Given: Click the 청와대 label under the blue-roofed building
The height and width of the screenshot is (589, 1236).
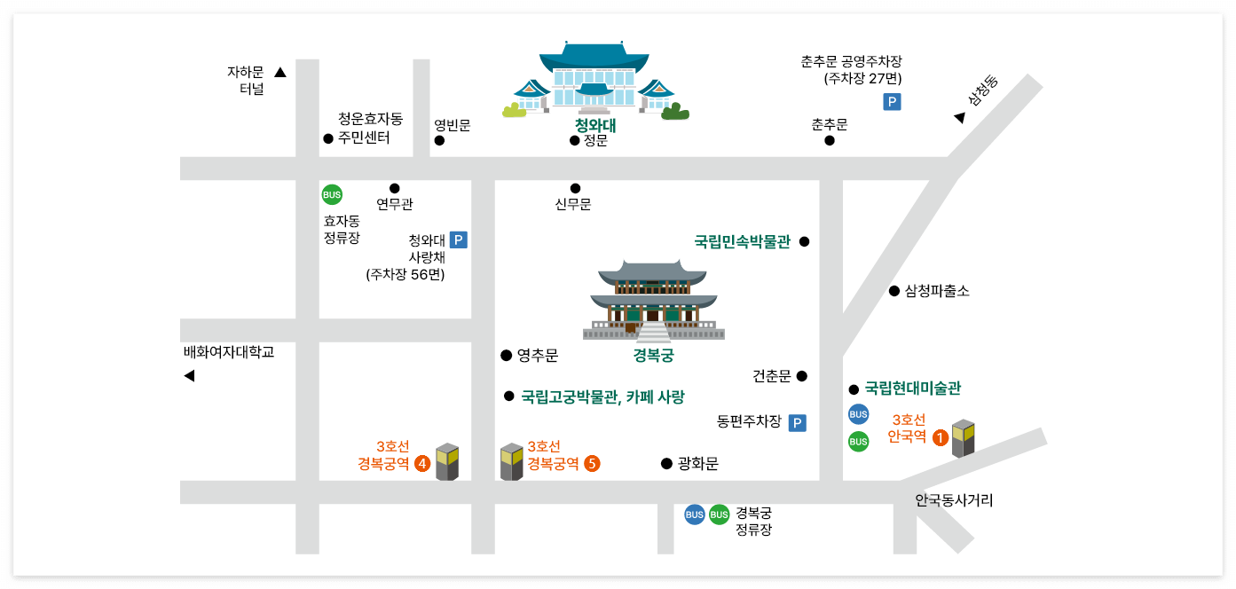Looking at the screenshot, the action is [x=595, y=125].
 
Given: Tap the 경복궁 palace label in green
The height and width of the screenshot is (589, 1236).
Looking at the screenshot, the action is [x=653, y=356].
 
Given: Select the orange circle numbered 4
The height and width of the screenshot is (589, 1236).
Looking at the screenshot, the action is [x=422, y=463].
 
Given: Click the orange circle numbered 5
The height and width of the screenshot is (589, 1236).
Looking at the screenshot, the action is [x=592, y=463].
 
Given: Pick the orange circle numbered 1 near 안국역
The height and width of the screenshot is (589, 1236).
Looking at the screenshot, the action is [x=940, y=436].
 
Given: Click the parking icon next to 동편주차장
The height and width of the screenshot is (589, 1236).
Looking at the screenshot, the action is [x=798, y=423].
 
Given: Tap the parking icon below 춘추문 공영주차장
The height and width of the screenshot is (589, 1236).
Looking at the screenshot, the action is [x=892, y=102].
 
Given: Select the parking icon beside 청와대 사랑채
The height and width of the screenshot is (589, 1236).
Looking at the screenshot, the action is [x=459, y=240].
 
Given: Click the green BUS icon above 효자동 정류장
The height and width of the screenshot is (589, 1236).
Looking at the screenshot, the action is [x=332, y=195].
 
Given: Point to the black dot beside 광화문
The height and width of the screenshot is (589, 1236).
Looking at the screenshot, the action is [x=666, y=463].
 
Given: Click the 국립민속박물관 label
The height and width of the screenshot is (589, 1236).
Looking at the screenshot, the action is [x=742, y=241].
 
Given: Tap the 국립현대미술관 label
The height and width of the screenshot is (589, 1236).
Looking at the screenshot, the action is [x=913, y=389].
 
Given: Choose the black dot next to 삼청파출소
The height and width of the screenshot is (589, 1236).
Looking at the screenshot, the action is [x=894, y=291].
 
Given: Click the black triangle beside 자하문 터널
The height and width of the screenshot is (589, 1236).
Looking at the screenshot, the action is [x=280, y=73].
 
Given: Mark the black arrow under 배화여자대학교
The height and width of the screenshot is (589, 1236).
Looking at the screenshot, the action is [x=189, y=376].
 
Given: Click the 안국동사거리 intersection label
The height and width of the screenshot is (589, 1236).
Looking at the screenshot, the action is [x=954, y=500].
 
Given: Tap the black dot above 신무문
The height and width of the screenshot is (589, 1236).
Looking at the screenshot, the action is [x=575, y=188].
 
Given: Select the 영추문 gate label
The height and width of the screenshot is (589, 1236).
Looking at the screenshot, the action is [x=538, y=356].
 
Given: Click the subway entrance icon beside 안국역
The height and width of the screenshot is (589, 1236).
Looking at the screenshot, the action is [x=964, y=438].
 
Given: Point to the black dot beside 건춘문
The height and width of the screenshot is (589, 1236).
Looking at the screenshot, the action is [x=802, y=376].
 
